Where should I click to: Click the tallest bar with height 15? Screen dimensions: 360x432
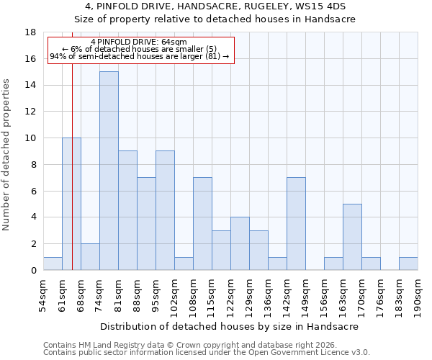pyautogui.click(x=109, y=171)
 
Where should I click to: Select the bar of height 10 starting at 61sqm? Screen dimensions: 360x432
pyautogui.click(x=71, y=204)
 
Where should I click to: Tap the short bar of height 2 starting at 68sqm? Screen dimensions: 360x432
pyautogui.click(x=90, y=256)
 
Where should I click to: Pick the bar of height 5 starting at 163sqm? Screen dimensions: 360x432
pyautogui.click(x=352, y=237)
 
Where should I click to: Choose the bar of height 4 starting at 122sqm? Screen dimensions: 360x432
pyautogui.click(x=240, y=243)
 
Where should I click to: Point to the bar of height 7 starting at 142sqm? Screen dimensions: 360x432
pyautogui.click(x=296, y=224)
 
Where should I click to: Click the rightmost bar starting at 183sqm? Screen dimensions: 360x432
pyautogui.click(x=408, y=264)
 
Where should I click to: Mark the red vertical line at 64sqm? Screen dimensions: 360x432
pyautogui.click(x=73, y=180)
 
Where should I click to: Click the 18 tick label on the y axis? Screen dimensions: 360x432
pyautogui.click(x=30, y=32)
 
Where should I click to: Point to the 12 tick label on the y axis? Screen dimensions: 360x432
pyautogui.click(x=30, y=112)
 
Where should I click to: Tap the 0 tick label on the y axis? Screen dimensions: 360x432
pyautogui.click(x=33, y=270)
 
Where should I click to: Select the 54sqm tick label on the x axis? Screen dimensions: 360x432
pyautogui.click(x=43, y=294)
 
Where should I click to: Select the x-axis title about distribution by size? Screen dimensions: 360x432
pyautogui.click(x=228, y=326)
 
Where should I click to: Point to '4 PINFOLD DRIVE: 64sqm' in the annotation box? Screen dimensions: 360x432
pyautogui.click(x=139, y=42)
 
